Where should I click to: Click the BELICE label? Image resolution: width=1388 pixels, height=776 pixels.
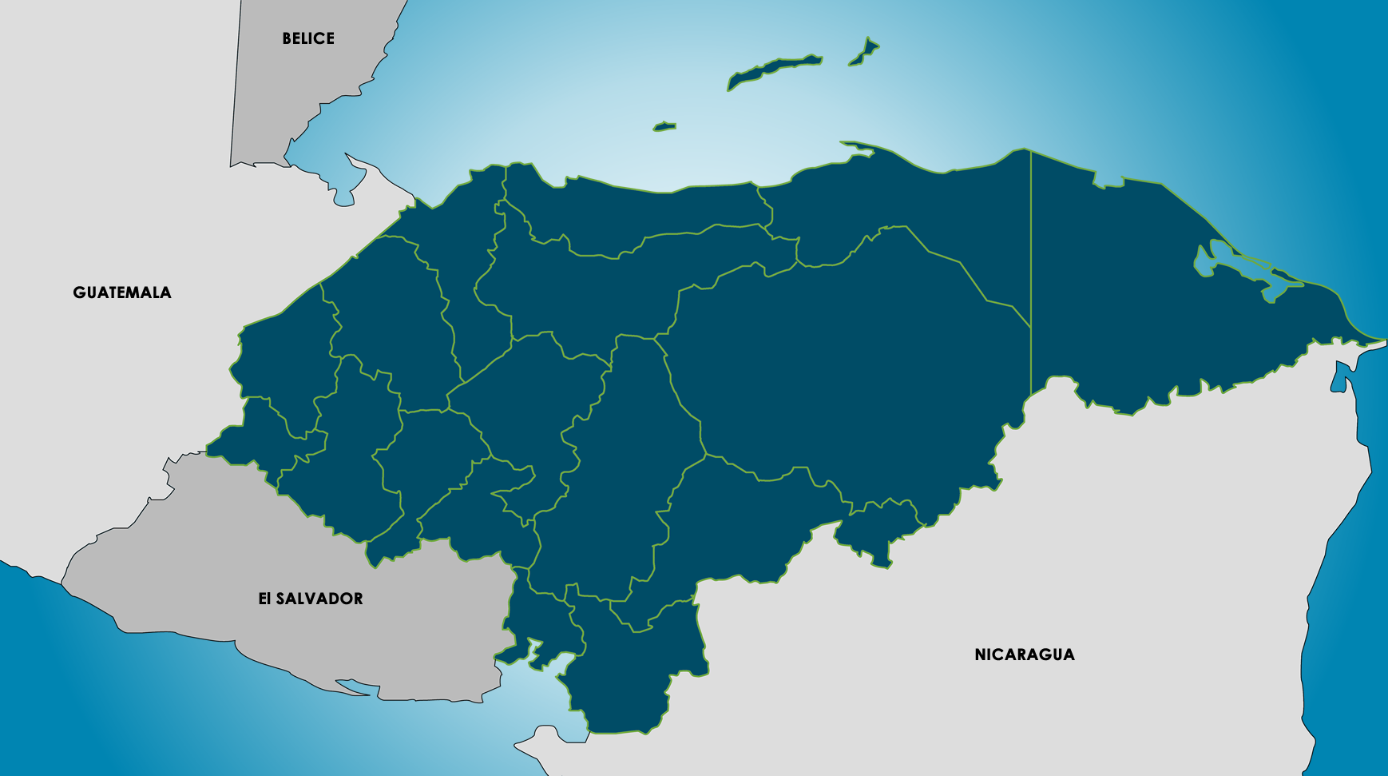[x=308, y=38]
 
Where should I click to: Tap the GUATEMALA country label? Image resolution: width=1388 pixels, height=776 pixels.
[x=122, y=292]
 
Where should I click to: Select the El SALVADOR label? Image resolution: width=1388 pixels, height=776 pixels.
[x=311, y=599]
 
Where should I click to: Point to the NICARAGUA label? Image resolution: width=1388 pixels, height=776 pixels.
[x=1025, y=655]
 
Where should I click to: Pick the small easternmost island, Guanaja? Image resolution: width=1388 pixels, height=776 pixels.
[x=864, y=52]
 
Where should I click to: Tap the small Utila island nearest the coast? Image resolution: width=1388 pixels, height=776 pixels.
[x=664, y=126]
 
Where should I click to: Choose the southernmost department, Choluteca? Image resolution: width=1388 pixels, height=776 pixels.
[x=631, y=679]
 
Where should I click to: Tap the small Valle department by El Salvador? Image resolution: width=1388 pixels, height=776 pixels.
[x=543, y=623]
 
